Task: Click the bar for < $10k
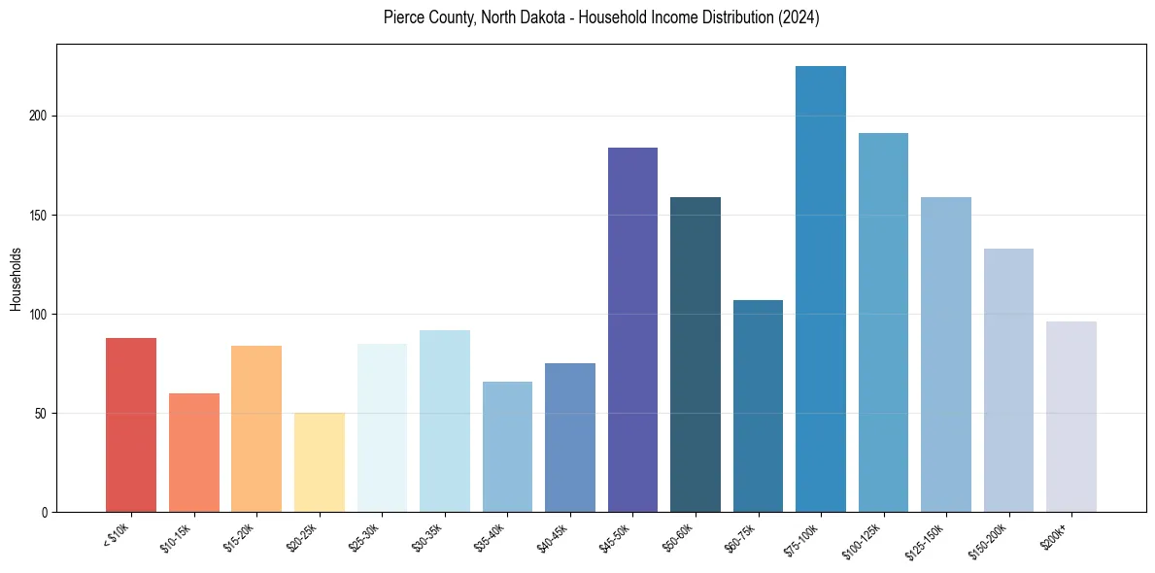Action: point(131,424)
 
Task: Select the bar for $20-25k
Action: point(320,462)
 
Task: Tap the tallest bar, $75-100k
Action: point(821,288)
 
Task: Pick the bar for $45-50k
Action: point(632,329)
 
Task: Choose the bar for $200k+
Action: point(1071,417)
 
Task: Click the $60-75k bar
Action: point(758,406)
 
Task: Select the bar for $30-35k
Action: point(445,421)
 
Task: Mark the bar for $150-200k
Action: point(1008,380)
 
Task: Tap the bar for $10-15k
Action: point(194,453)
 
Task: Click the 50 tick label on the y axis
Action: point(42,414)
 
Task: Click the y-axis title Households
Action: point(16,278)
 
